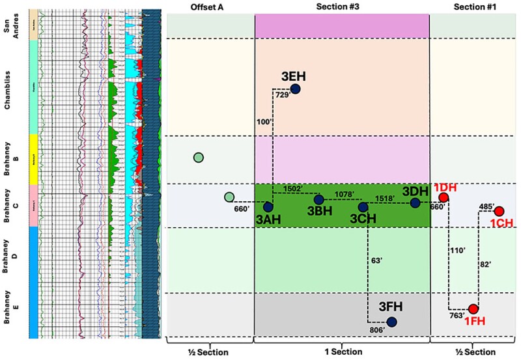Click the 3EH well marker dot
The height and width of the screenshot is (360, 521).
pyautogui.click(x=295, y=89)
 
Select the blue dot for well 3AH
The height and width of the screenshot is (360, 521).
pyautogui.click(x=268, y=207)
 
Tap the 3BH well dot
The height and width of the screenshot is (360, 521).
pyautogui.click(x=318, y=200)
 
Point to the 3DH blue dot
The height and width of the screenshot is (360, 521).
pyautogui.click(x=415, y=203)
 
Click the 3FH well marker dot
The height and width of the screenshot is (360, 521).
pyautogui.click(x=391, y=322)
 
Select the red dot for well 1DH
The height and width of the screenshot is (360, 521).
pyautogui.click(x=444, y=197)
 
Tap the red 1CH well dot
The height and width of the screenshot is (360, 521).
pyautogui.click(x=499, y=211)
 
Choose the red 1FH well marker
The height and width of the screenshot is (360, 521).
pyautogui.click(x=473, y=309)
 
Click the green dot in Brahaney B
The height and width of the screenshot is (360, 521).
pyautogui.click(x=198, y=157)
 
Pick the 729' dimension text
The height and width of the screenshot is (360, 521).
pyautogui.click(x=281, y=95)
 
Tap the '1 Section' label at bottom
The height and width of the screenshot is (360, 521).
pyautogui.click(x=341, y=352)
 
